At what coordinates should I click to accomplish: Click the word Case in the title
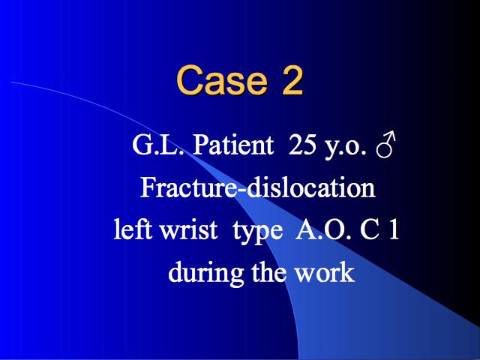(x=222, y=80)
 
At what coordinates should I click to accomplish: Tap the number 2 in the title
(x=292, y=80)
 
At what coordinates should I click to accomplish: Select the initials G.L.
(x=158, y=145)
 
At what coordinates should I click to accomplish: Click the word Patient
(x=233, y=144)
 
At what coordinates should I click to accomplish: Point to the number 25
(x=302, y=144)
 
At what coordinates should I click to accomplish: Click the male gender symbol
(x=385, y=145)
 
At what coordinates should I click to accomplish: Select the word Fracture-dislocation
(x=258, y=187)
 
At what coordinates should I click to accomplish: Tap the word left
(x=133, y=229)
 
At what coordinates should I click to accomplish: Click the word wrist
(x=189, y=229)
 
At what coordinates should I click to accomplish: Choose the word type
(x=257, y=232)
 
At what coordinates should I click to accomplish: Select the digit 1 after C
(x=394, y=229)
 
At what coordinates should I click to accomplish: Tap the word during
(x=205, y=273)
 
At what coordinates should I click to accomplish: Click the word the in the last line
(x=269, y=271)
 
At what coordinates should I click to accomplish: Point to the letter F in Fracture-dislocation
(x=148, y=187)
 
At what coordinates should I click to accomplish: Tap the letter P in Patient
(x=201, y=145)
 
